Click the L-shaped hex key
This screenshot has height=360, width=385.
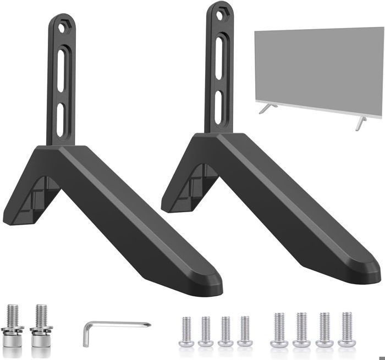(110, 328)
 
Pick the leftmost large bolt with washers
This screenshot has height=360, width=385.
(13, 325)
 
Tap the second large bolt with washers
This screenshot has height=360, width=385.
(40, 325)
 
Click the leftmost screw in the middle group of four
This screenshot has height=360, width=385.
(187, 330)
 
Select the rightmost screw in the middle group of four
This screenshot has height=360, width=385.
(244, 330)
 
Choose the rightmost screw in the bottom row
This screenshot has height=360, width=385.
(346, 329)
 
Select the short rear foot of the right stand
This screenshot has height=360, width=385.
(175, 200)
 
